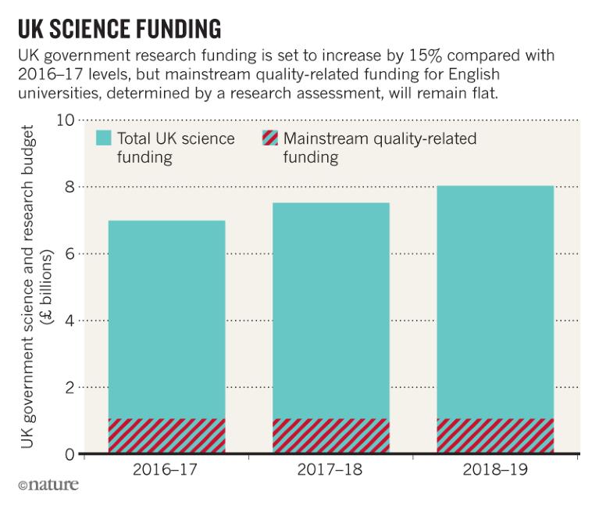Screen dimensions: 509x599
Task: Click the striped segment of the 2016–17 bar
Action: [x=166, y=436]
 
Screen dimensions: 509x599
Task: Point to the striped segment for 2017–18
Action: [x=330, y=436]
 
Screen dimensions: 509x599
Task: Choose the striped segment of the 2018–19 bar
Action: [x=494, y=436]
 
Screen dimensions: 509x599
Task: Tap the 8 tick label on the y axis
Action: [x=70, y=187]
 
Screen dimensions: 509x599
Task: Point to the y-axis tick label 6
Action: [x=70, y=254]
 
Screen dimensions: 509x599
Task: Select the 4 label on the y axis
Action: [x=70, y=321]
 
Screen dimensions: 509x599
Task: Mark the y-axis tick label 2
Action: [x=70, y=388]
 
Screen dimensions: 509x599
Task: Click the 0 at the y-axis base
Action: [x=70, y=453]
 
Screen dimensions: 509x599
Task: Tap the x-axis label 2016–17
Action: [x=166, y=471]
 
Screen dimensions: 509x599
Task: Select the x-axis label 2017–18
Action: [x=330, y=471]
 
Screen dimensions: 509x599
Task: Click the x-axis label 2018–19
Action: [x=494, y=471]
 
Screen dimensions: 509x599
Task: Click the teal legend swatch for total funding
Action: [x=104, y=138]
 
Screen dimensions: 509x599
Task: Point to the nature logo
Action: [x=48, y=486]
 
